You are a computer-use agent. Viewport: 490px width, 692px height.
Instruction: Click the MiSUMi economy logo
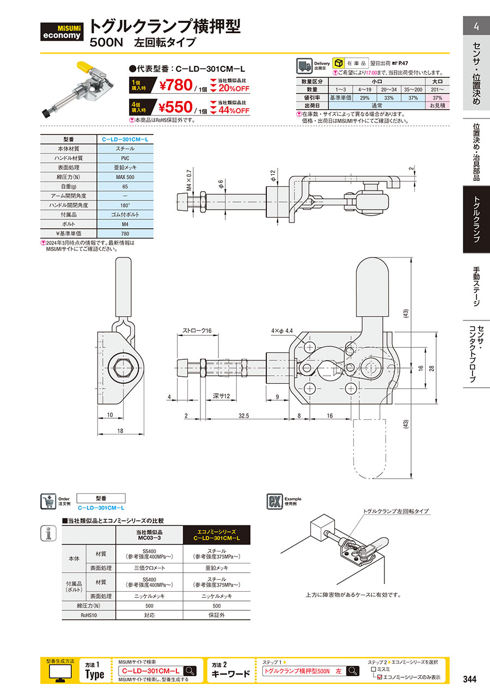tap(62, 32)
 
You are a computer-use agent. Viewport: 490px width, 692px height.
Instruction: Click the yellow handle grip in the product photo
tap(84, 66)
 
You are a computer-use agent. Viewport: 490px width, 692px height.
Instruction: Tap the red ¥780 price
tap(176, 85)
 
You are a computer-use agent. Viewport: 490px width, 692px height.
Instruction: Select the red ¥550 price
tap(175, 107)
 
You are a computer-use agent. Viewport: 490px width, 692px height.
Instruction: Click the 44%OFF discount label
tap(234, 111)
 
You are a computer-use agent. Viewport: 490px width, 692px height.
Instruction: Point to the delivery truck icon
tap(304, 66)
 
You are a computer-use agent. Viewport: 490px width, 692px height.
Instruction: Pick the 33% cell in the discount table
tap(389, 97)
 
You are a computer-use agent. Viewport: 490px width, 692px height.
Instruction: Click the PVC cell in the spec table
tap(125, 158)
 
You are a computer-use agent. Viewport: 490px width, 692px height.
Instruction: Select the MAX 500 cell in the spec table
tap(125, 177)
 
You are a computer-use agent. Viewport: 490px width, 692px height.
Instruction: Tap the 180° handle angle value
tap(125, 205)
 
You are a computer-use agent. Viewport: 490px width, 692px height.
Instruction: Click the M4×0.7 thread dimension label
tap(189, 180)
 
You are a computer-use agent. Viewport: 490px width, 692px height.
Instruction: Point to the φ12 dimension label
tap(273, 175)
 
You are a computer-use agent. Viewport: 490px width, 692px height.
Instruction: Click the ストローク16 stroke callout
tap(197, 330)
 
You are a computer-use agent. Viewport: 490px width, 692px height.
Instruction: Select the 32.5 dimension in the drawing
tap(244, 416)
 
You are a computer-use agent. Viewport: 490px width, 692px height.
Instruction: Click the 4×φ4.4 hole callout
tap(282, 331)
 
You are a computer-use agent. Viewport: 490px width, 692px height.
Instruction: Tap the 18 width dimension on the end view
tap(120, 431)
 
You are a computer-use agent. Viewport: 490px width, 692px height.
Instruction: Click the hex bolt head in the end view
tap(121, 368)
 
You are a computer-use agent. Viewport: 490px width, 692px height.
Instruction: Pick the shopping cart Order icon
tap(48, 501)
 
